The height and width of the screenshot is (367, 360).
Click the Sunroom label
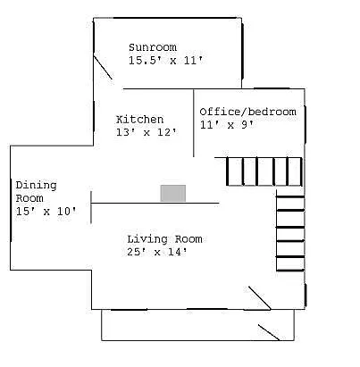(153, 47)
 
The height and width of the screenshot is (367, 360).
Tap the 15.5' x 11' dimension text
(166, 61)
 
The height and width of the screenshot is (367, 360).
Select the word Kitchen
(140, 119)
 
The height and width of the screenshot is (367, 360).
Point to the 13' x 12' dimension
(147, 132)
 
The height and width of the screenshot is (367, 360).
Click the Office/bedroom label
(247, 112)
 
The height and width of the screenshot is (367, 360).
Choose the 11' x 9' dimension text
(228, 125)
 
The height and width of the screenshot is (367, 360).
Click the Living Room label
(164, 238)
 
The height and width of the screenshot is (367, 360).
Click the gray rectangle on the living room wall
(173, 193)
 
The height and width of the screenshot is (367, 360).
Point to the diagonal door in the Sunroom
(105, 68)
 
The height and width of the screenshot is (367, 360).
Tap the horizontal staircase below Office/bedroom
(263, 170)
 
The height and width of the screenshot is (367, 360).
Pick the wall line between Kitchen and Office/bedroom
(195, 123)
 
